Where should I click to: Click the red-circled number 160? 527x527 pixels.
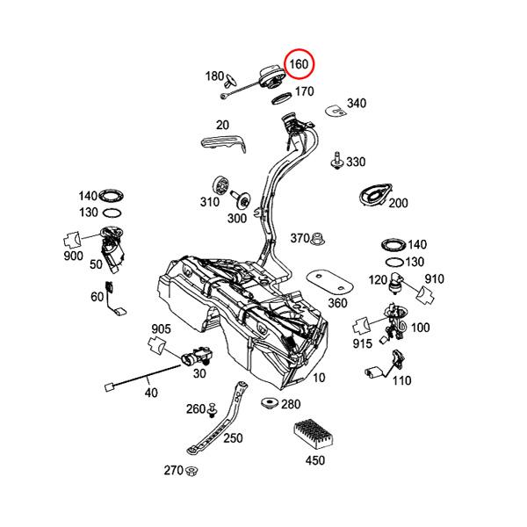299,65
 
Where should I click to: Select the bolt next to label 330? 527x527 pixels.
336,162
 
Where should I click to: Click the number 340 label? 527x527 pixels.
356,104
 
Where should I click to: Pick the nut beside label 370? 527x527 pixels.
321,237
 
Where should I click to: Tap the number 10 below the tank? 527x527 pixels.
318,378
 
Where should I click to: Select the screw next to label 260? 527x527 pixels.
213,408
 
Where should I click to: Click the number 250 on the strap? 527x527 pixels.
233,438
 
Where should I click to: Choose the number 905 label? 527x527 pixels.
160,328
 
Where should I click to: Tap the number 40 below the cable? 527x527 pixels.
151,393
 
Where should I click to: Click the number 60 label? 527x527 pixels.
97,298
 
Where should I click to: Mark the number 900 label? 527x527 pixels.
73,256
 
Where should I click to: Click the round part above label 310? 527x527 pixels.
220,186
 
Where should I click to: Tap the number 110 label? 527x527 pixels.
401,380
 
